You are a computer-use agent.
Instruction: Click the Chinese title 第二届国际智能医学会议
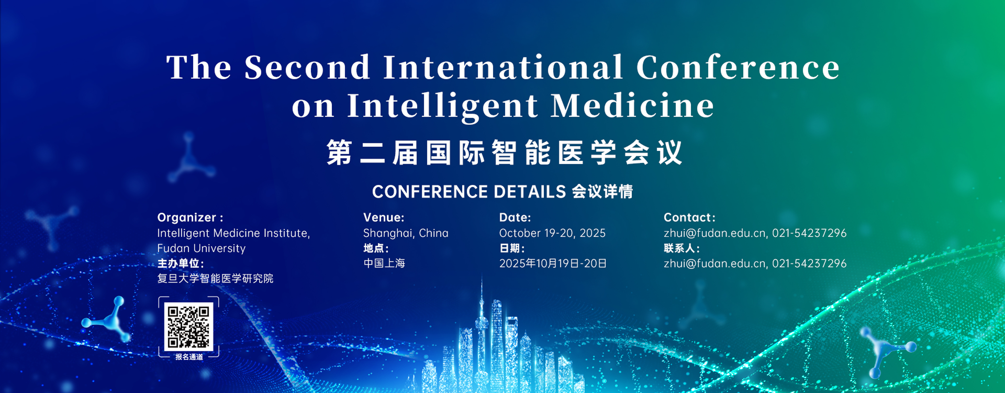click(504, 152)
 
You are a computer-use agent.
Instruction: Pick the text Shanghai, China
click(406, 233)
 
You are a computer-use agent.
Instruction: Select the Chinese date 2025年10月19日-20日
click(553, 263)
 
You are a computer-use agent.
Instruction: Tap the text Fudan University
click(201, 248)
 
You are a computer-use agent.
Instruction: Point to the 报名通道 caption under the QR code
click(189, 357)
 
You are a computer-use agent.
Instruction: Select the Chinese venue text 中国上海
click(384, 263)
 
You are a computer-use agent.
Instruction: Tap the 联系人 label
click(682, 248)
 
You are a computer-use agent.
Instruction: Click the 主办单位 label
click(180, 263)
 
